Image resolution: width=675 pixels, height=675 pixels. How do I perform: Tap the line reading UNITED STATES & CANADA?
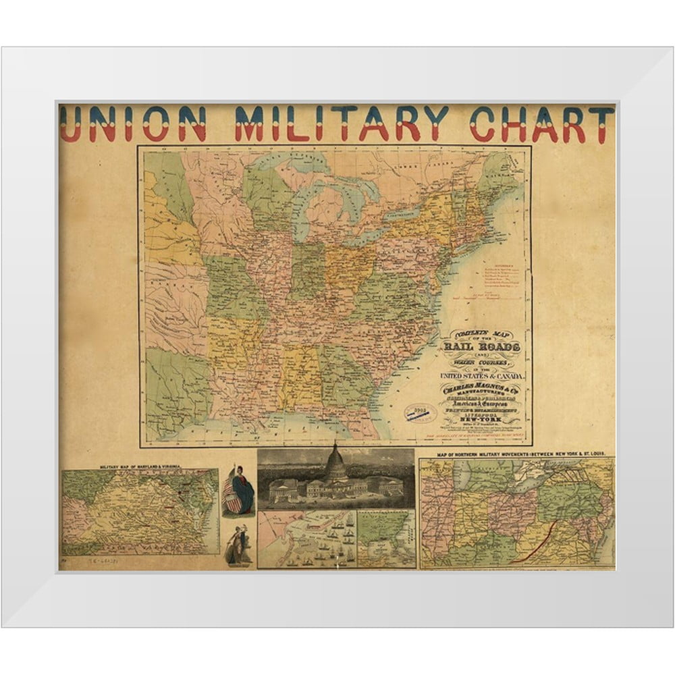click(x=477, y=375)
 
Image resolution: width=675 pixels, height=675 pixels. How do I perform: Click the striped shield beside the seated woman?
click(x=232, y=503)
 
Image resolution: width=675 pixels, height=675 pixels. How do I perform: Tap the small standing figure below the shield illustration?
click(x=237, y=545)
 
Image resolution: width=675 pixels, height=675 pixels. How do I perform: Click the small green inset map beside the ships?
click(x=385, y=537)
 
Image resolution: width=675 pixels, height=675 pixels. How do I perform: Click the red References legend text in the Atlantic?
click(x=500, y=277)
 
